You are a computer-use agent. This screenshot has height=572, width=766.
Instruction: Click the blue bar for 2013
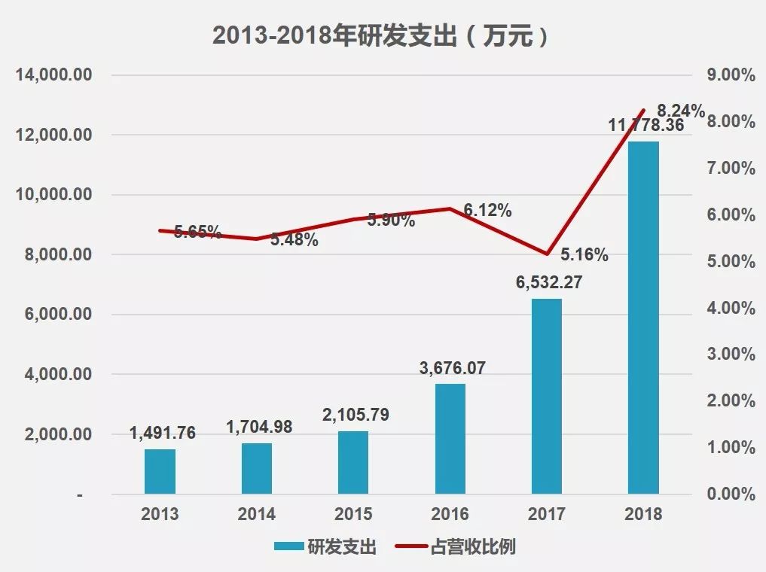pos(160,471)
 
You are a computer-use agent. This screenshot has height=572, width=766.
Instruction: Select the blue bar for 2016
pos(450,439)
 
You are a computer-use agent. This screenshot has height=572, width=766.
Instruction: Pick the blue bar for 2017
pos(546,396)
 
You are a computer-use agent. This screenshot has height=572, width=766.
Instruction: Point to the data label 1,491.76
pos(163,433)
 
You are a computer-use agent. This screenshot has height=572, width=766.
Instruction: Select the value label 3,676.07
pos(453,369)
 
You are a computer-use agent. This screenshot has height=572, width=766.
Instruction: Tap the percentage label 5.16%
pos(584,255)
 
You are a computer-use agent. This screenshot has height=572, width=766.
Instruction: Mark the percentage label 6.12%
pos(487,211)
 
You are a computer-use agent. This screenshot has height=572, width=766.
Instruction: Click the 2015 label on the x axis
pos(353,515)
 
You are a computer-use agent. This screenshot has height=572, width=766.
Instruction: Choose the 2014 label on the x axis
pos(256,515)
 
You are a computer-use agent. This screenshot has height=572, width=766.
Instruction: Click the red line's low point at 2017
pos(547,254)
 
